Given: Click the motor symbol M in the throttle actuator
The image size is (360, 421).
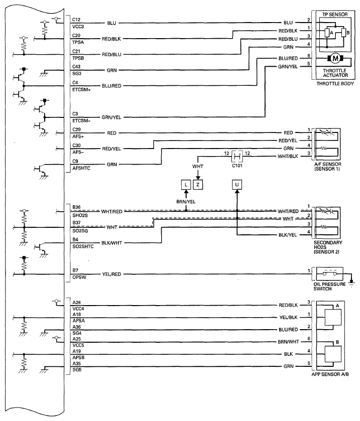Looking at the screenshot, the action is coord(335,58).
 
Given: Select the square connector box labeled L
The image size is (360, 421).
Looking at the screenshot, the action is coord(186,185).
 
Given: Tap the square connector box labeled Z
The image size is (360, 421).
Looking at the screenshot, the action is coord(198,185).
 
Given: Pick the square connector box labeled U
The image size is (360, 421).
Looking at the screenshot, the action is coord(237,185).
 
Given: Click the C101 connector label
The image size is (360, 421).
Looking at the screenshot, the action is coord(237,166).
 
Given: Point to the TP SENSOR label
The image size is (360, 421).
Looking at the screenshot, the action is coord(335,14).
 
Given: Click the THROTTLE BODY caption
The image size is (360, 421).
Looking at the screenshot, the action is coord(335,83).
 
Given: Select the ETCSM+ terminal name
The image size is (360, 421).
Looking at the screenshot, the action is coord(81,89).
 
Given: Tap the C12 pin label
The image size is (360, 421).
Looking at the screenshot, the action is coord(76,20).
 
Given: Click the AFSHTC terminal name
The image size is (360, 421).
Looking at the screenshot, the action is coord(81,168).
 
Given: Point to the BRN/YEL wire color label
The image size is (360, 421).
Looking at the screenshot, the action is coord(186,202).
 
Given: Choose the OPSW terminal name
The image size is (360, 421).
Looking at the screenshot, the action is coord(79,277).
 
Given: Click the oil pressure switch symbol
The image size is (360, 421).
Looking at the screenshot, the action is coord(330,273).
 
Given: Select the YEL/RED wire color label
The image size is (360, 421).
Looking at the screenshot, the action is coord(111,274).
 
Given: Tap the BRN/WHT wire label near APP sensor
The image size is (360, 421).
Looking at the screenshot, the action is coord(288,342).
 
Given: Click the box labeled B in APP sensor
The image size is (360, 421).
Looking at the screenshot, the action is coord(333,354).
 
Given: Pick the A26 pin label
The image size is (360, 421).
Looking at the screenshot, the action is coord(76,303).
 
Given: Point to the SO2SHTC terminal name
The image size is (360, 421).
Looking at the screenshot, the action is coord(83,246).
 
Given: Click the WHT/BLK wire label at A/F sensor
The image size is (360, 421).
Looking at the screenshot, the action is coord(288,156).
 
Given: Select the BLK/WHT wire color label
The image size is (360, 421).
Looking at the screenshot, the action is coord(112,243).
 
